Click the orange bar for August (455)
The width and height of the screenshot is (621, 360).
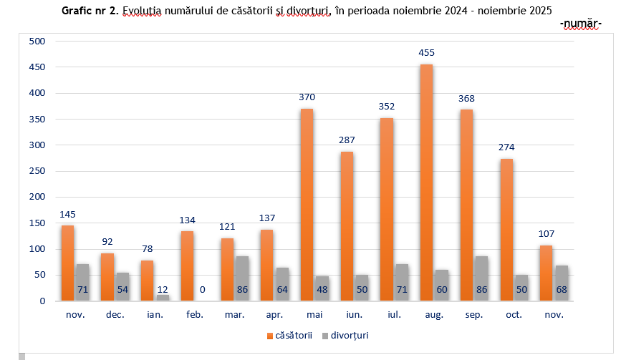(x=426, y=183)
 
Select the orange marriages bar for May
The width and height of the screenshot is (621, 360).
(x=306, y=205)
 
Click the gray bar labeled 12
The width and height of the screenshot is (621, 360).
(x=163, y=298)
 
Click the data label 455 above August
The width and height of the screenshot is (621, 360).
(x=427, y=52)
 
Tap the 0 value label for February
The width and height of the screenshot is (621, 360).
(x=203, y=290)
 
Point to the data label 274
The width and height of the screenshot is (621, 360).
(x=506, y=147)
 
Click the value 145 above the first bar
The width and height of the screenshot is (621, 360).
(x=68, y=214)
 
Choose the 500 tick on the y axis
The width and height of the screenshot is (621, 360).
(x=37, y=42)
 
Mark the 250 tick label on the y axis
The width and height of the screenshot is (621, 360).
(x=37, y=171)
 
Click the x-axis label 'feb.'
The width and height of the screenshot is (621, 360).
(x=194, y=315)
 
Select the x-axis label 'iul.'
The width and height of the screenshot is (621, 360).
(x=393, y=315)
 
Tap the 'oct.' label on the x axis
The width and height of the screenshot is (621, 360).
(x=514, y=315)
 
